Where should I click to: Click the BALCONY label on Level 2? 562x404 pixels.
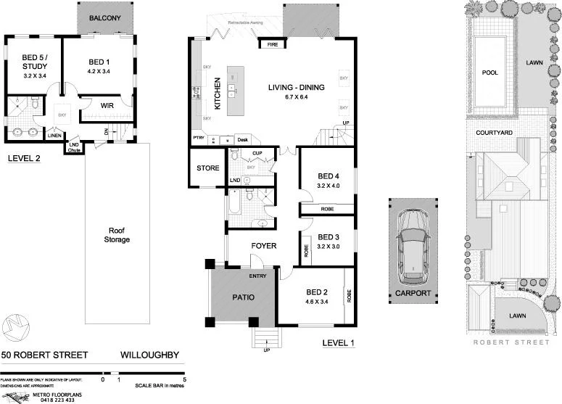tap(106, 17)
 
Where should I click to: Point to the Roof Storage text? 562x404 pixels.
tap(115, 234)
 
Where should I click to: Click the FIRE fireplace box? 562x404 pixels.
tap(273, 44)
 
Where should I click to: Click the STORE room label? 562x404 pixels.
tap(207, 169)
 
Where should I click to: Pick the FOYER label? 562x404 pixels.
tap(263, 246)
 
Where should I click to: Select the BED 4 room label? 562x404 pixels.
tap(328, 176)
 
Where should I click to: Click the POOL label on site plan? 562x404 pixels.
tap(489, 73)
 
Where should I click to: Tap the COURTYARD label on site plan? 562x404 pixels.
tap(494, 133)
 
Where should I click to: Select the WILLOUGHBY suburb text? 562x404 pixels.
tap(149, 355)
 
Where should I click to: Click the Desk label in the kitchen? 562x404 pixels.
tap(242, 139)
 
